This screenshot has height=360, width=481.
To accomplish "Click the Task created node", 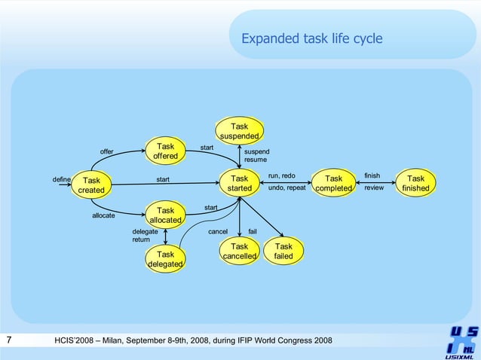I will pyautogui.click(x=91, y=185).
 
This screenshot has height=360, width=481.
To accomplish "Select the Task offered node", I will pyautogui.click(x=165, y=151).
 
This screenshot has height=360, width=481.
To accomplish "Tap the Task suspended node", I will pyautogui.click(x=239, y=131).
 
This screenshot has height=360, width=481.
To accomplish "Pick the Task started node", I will pyautogui.click(x=240, y=183).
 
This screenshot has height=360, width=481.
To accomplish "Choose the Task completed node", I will pyautogui.click(x=333, y=183).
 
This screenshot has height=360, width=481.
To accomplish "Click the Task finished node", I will pyautogui.click(x=415, y=183).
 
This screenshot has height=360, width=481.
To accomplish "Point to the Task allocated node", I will pyautogui.click(x=165, y=215).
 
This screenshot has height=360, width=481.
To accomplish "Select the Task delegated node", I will pyautogui.click(x=165, y=259).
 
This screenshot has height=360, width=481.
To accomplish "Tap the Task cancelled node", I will pyautogui.click(x=240, y=252).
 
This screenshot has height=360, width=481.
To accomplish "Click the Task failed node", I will pyautogui.click(x=283, y=252).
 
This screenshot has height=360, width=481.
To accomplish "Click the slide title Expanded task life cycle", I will pyautogui.click(x=311, y=39).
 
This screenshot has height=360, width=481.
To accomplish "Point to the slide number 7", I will pyautogui.click(x=8, y=341).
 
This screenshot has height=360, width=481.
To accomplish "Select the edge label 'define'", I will pyautogui.click(x=61, y=179).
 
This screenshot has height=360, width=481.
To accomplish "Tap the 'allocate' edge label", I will pyautogui.click(x=103, y=215).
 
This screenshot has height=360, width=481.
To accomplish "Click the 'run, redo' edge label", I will pyautogui.click(x=281, y=175).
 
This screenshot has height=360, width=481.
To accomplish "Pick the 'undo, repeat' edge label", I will pyautogui.click(x=286, y=188).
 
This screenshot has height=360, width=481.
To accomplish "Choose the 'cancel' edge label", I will pyautogui.click(x=218, y=231).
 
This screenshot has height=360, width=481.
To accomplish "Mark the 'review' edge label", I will pyautogui.click(x=374, y=188).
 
